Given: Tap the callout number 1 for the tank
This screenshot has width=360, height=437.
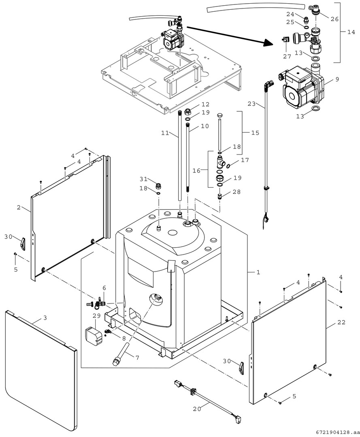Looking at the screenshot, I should point(258,272).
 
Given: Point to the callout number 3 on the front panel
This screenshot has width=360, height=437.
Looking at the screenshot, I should point(45,318).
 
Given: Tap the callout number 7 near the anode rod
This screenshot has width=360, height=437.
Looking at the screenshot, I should point(137,358).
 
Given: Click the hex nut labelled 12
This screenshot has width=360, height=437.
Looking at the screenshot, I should point(188,112).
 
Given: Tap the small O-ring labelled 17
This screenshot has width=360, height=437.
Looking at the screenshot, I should point(230,165).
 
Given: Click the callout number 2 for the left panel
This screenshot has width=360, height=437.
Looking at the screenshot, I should point(19,207).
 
